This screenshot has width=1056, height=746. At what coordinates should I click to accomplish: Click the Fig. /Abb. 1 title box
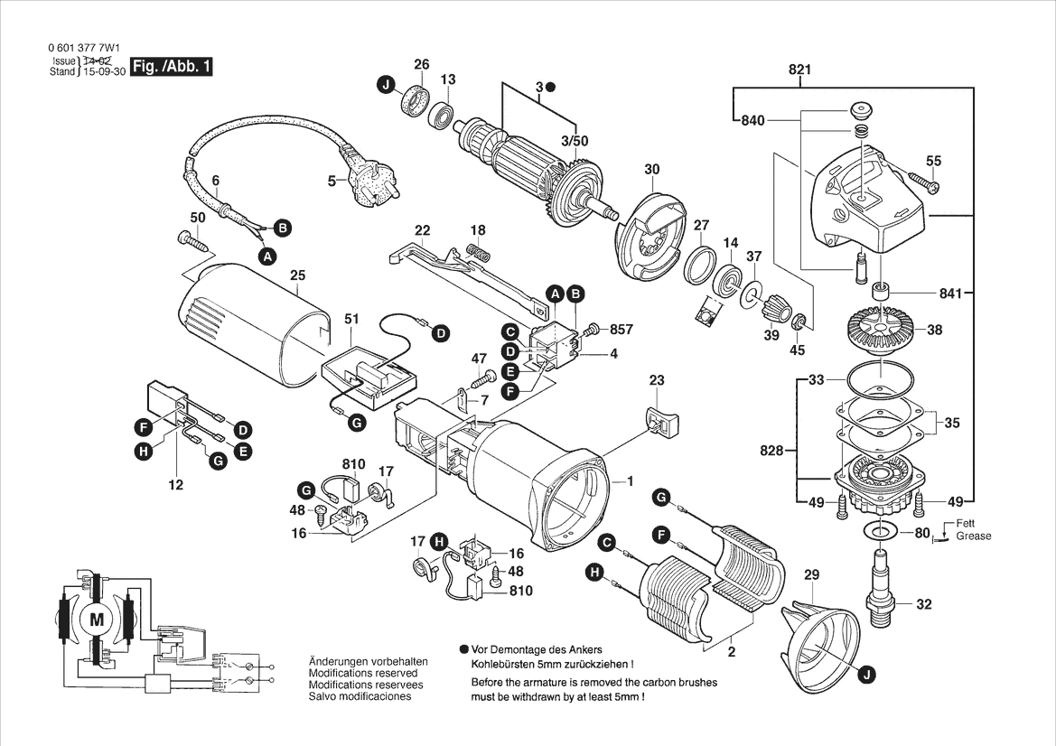[x=172, y=67]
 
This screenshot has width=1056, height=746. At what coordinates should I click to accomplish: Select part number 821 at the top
[x=799, y=70]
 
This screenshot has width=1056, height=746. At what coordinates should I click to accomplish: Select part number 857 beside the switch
[x=621, y=330]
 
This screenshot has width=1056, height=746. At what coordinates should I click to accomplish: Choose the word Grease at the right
[x=974, y=536]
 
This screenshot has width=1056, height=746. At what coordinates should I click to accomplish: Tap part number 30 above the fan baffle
[x=652, y=169]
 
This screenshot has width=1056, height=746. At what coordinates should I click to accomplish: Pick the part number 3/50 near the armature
[x=574, y=142]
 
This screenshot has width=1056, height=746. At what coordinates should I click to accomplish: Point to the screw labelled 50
[x=191, y=240]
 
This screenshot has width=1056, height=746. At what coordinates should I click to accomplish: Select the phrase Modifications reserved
[x=363, y=674]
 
